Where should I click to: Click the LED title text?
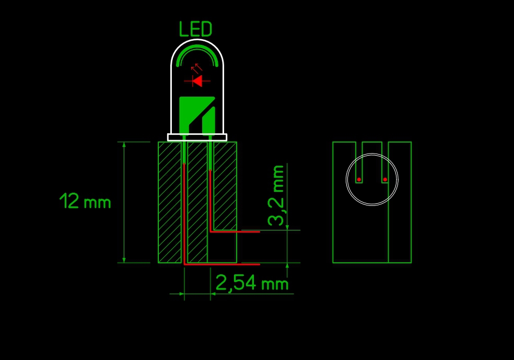(196, 29)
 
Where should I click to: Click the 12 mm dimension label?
(85, 201)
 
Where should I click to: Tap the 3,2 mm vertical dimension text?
(276, 195)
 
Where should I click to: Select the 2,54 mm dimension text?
(252, 283)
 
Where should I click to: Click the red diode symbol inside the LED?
(197, 80)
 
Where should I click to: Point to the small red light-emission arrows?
(197, 68)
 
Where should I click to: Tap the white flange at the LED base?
(197, 137)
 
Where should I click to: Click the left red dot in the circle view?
(359, 179)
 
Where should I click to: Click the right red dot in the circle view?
(385, 179)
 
